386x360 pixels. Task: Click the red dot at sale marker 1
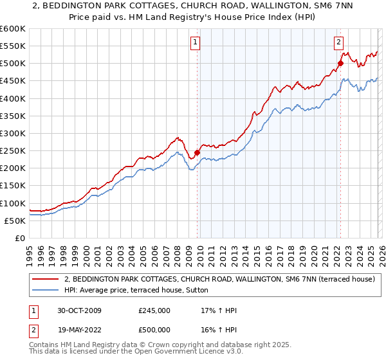197,152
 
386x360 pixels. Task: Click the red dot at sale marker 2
340,63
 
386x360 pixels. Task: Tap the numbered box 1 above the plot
195,43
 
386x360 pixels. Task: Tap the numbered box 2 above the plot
338,43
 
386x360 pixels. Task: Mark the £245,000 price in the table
154,310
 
